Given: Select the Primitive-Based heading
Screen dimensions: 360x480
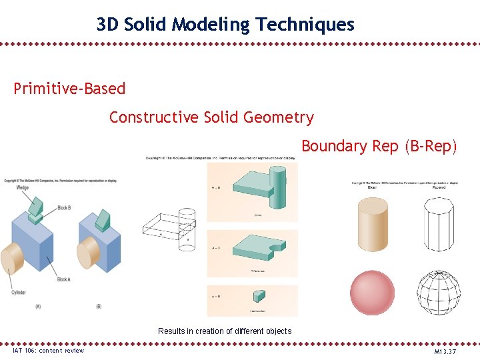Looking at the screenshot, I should pos(69,89).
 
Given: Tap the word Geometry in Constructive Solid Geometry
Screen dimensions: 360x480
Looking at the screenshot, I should pos(278,117).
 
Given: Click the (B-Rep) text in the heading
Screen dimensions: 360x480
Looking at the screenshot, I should pos(431,146).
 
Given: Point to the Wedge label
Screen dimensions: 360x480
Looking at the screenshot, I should pos(22,187).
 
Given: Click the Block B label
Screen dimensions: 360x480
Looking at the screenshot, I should pos(64,207).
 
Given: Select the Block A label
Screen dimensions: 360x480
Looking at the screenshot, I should pos(64,279).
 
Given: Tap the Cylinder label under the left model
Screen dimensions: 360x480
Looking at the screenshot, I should pos(19,293).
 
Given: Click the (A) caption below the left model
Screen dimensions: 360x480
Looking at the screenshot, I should pos(37,307).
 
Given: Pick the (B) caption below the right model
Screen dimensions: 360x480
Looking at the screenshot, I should pos(99,307).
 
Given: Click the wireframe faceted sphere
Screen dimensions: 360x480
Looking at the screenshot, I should pos(438,293).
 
